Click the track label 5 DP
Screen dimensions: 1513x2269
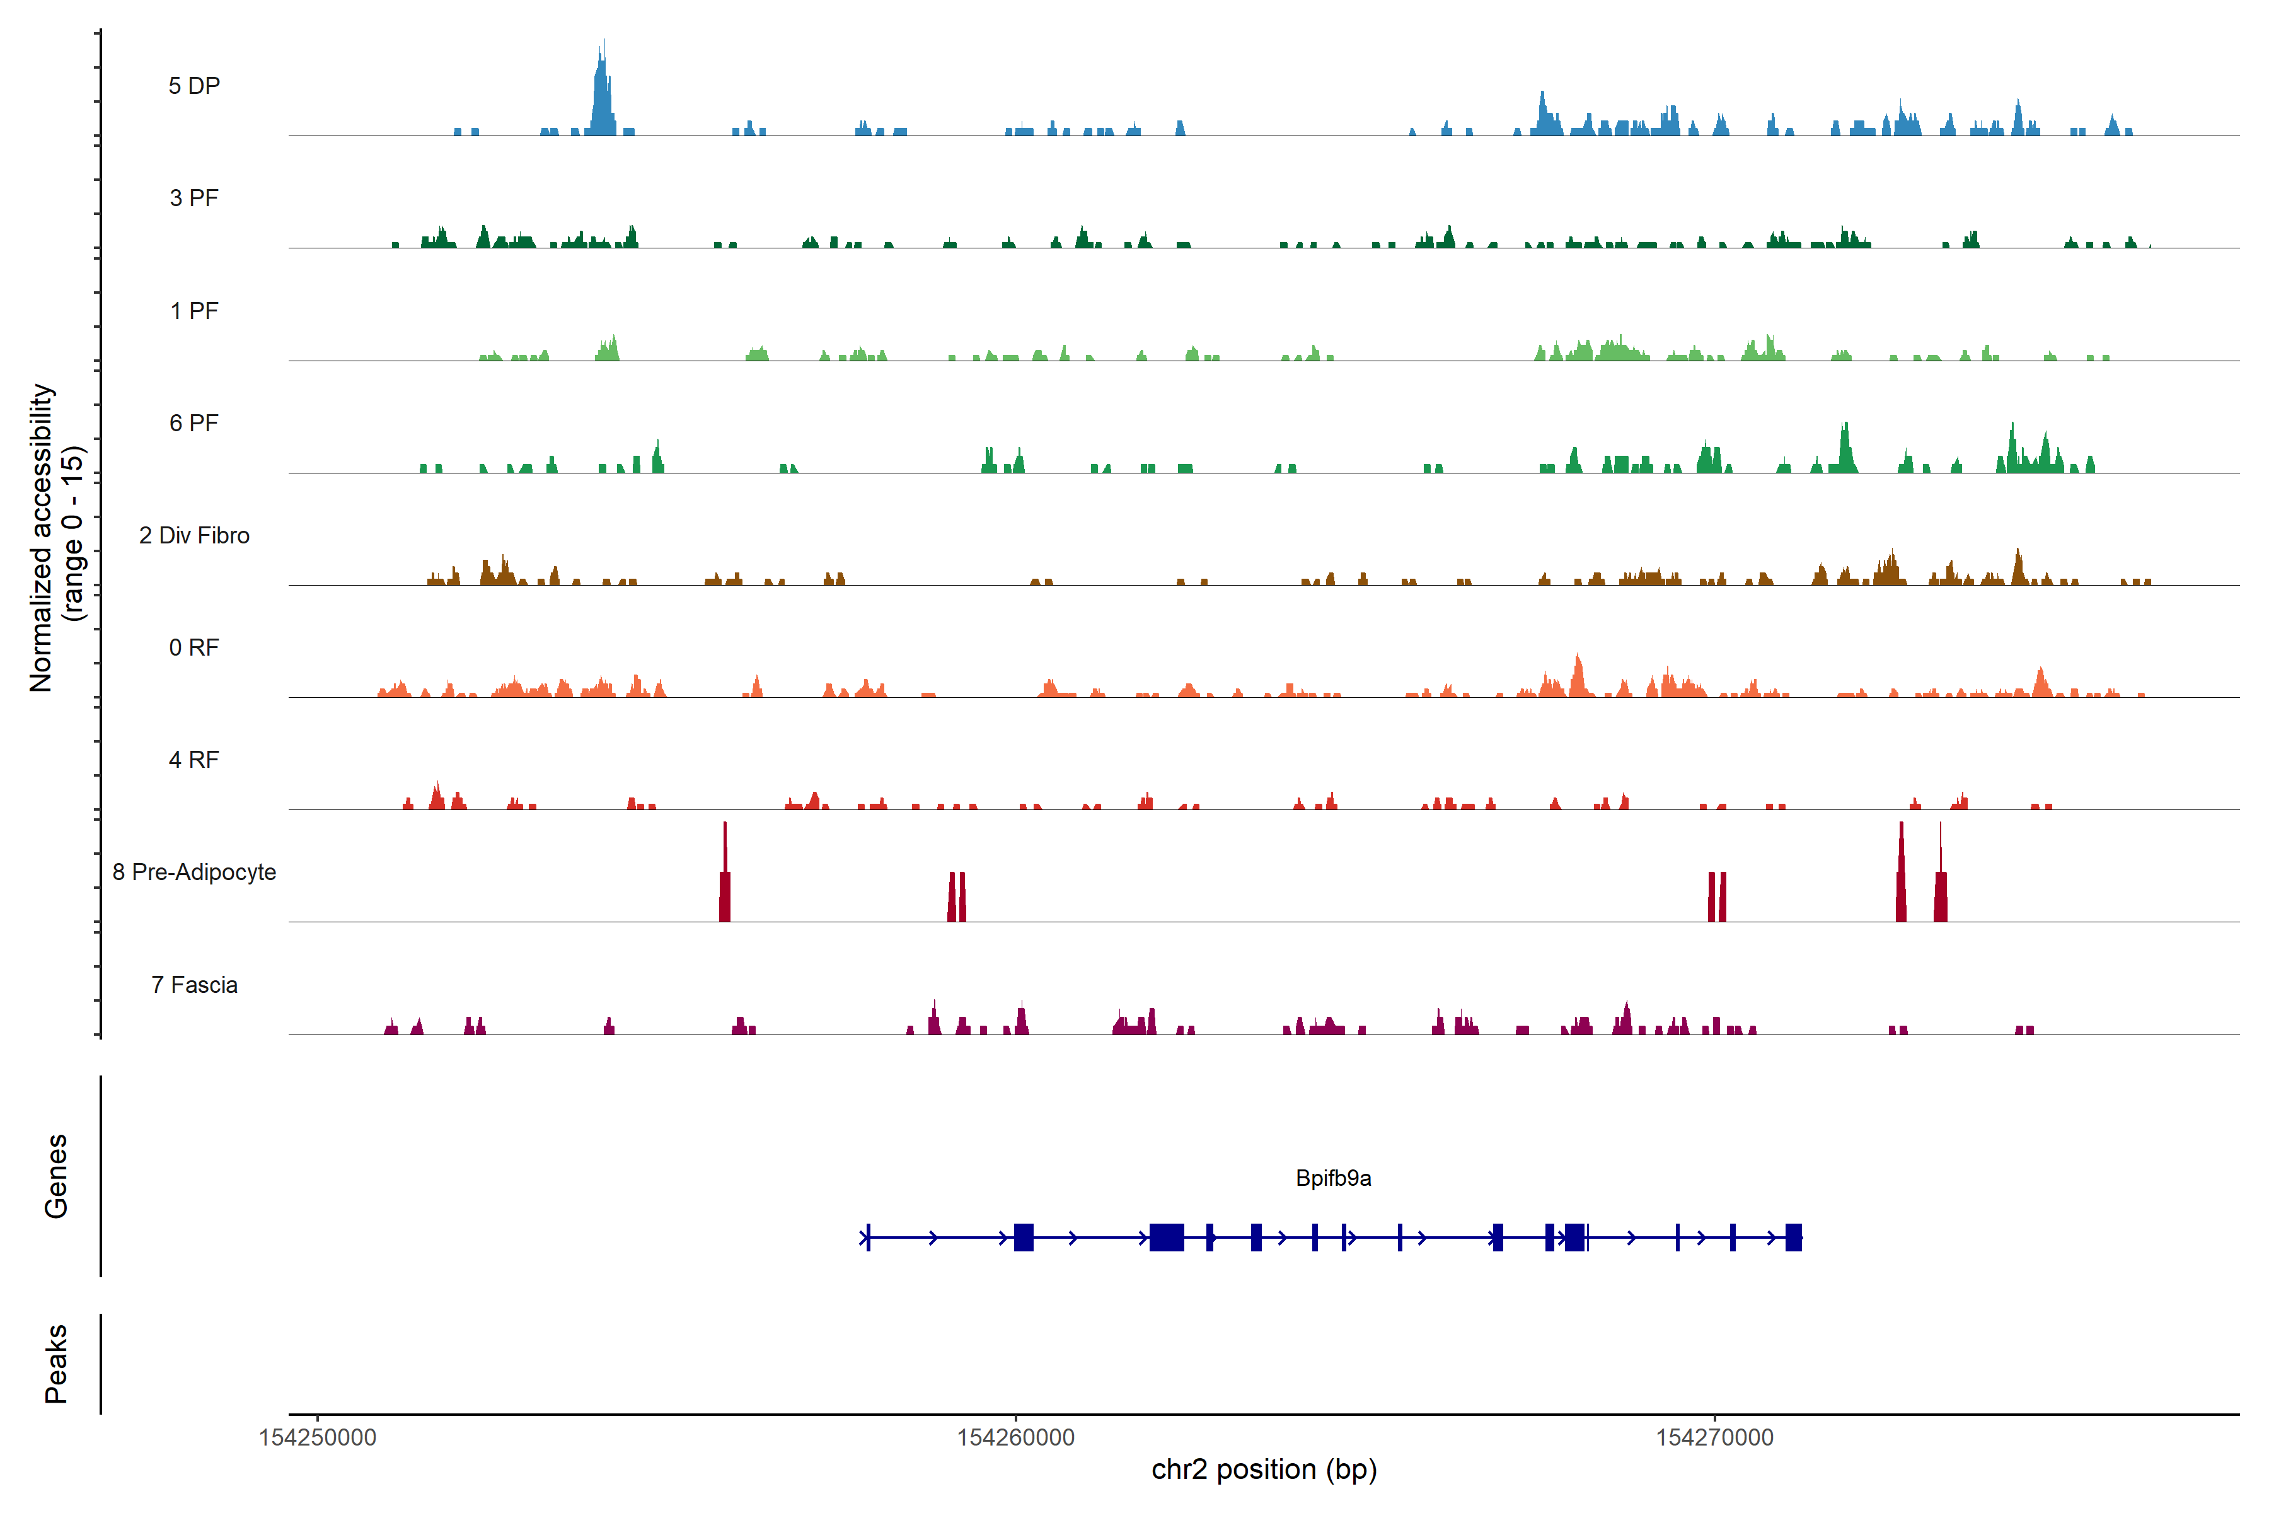194,86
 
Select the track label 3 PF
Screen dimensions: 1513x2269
194,198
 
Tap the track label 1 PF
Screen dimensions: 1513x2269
194,311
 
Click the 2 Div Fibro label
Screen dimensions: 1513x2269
194,535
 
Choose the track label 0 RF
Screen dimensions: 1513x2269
194,647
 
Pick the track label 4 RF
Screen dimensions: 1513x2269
194,760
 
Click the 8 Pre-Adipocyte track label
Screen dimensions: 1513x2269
194,872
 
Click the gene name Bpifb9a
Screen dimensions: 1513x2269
1333,1178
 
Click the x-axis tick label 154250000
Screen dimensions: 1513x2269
318,1438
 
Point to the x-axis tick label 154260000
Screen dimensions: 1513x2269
1016,1438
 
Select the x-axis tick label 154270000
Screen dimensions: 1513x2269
1714,1438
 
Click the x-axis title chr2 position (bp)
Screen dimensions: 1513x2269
1264,1470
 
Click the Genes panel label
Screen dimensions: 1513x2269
56,1176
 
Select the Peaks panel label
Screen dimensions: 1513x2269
56,1364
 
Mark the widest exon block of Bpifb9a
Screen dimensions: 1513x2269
1167,1237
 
